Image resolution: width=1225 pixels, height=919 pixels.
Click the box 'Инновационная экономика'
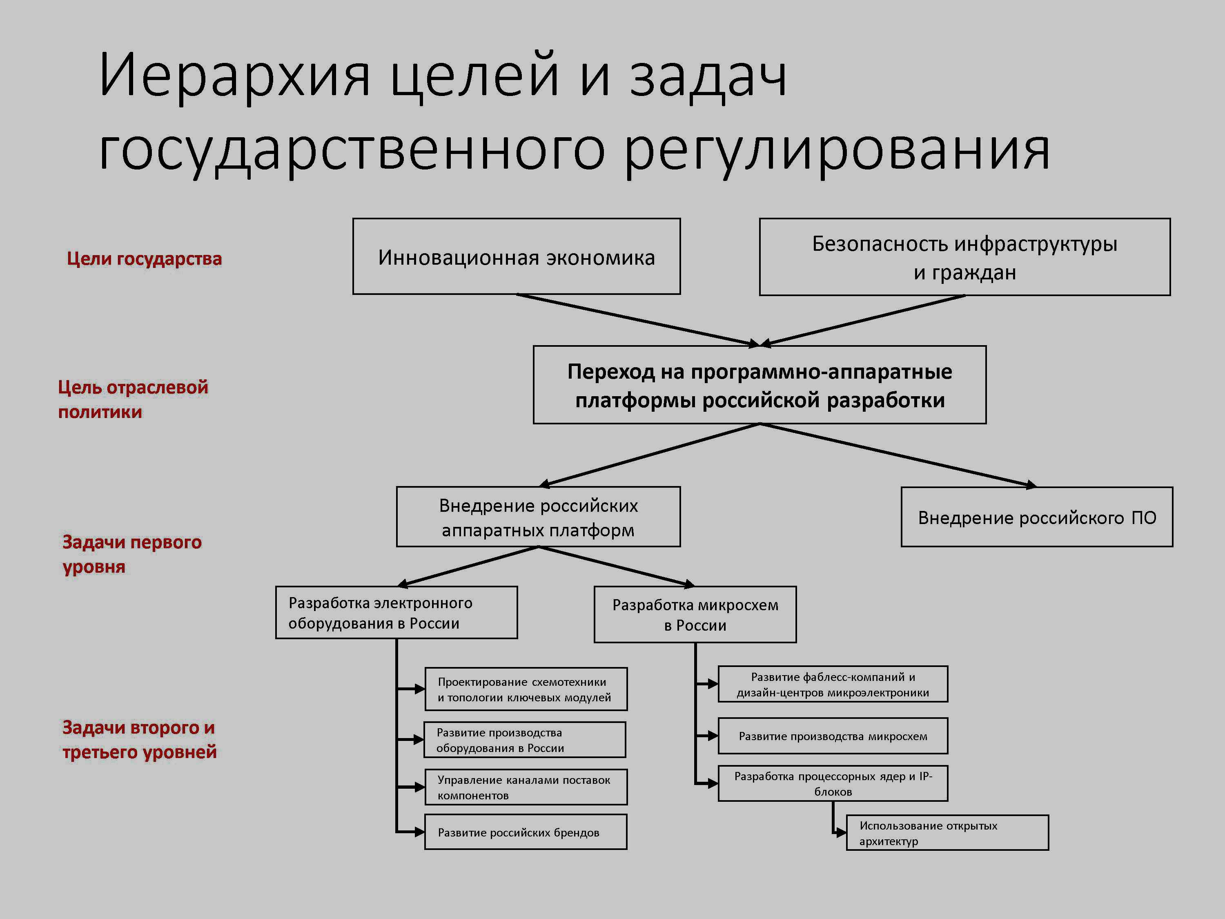[x=516, y=257]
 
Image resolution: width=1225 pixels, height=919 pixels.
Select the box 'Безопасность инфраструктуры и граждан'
[x=965, y=257]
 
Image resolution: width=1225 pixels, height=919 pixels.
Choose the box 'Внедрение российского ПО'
[x=1037, y=517]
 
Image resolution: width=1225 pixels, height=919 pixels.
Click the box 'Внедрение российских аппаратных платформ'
[x=538, y=517]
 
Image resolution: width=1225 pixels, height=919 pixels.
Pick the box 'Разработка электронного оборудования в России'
[x=396, y=613]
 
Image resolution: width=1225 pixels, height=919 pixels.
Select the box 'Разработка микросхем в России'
[x=695, y=614]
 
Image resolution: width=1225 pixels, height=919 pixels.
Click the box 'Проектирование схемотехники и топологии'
[x=526, y=689]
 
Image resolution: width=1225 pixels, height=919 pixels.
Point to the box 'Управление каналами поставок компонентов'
[x=526, y=787]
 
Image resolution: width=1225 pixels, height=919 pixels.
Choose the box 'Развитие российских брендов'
[x=526, y=832]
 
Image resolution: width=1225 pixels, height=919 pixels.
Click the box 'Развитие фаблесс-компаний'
[x=833, y=684]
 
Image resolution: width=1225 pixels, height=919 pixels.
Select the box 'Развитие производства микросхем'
[x=833, y=736]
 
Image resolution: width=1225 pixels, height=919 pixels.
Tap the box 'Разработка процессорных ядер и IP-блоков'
[x=833, y=783]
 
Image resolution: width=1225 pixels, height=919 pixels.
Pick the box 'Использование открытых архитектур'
[x=948, y=832]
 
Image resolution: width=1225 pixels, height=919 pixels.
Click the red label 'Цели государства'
[x=145, y=259]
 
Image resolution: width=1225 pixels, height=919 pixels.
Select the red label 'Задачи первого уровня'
[x=132, y=555]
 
